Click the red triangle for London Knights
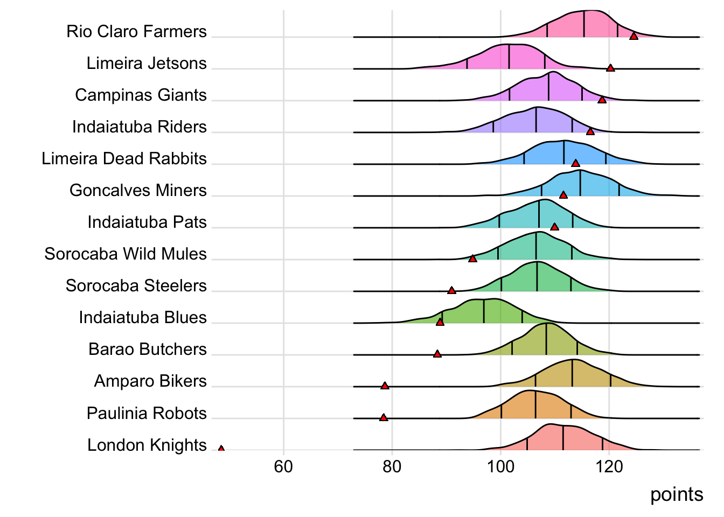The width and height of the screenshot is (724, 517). click(221, 449)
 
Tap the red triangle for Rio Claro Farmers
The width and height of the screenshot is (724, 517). click(633, 36)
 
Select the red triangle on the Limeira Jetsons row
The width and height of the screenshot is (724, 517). click(610, 68)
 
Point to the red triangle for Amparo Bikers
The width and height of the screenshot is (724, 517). click(385, 386)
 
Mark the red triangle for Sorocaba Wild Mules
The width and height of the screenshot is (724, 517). click(472, 259)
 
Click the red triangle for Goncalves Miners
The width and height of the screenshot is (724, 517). click(563, 195)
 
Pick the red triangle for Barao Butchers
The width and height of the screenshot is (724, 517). click(437, 354)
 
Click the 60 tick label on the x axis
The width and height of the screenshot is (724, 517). click(283, 466)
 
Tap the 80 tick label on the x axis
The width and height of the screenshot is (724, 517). click(392, 466)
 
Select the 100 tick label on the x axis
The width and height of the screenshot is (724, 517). click(500, 466)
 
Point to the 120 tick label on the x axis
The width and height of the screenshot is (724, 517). click(609, 466)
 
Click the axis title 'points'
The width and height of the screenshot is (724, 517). click(677, 494)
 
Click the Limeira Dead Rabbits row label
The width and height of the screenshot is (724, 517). click(124, 158)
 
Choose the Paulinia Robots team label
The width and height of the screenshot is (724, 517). click(147, 413)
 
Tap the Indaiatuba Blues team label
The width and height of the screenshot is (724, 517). click(143, 317)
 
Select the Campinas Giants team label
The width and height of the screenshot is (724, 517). click(141, 95)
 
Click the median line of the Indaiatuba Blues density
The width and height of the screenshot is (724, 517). click(484, 311)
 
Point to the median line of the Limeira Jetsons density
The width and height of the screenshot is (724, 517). click(509, 57)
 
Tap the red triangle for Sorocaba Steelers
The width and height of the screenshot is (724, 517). click(451, 291)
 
